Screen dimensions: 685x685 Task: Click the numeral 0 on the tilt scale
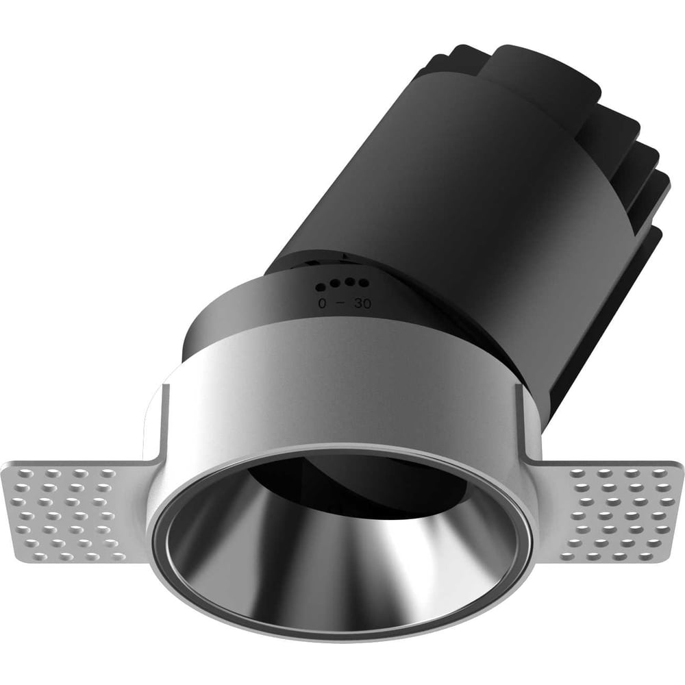coord(323,303)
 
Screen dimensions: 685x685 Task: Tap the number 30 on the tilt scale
coord(362,303)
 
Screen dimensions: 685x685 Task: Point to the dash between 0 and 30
coord(342,302)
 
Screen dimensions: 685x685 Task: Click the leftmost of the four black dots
coord(321,287)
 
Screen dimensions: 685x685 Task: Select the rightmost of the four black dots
coord(364,284)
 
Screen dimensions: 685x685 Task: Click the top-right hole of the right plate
coord(659,472)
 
